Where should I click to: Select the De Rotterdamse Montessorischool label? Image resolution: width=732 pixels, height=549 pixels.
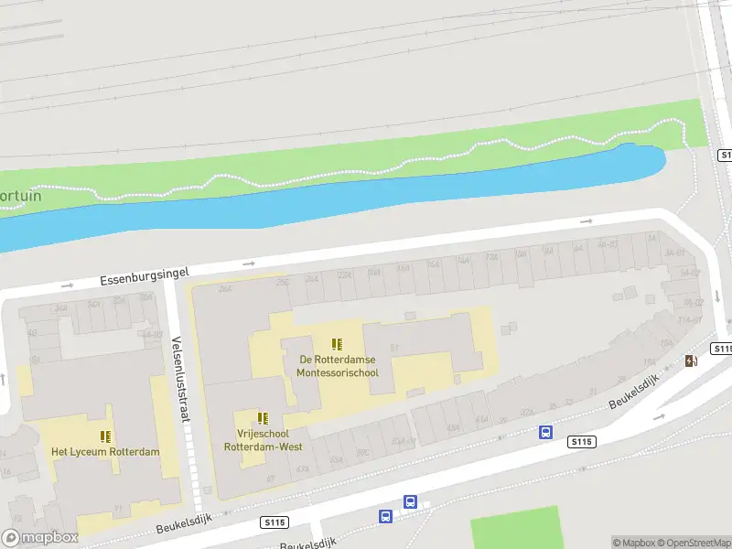[337, 366]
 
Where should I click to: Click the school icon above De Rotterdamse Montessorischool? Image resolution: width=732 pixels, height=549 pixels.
[337, 345]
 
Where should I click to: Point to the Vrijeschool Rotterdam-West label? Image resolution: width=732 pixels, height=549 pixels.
[262, 441]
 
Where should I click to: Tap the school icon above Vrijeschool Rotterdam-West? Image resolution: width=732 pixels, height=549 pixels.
[263, 418]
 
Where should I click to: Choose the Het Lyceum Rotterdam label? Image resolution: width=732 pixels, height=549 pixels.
[105, 452]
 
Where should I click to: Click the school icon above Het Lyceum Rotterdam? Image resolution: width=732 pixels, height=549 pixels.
[106, 436]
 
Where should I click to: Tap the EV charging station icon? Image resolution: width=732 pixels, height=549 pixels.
[691, 361]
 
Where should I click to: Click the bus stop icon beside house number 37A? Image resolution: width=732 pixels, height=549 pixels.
[545, 432]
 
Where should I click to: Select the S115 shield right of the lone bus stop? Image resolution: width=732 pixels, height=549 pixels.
[582, 442]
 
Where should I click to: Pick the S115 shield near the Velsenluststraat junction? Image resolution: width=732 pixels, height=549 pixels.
[274, 522]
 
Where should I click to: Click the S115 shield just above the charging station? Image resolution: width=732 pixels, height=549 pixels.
[721, 349]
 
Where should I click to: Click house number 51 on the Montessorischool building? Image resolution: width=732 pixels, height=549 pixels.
[394, 348]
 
